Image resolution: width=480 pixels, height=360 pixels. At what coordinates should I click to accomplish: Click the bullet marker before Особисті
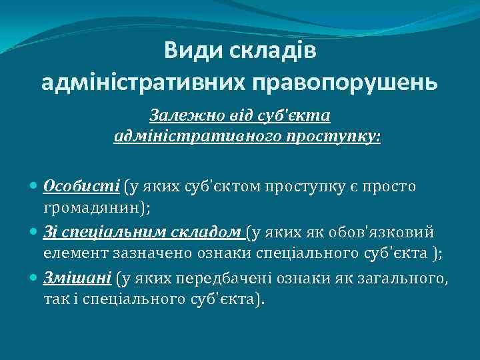[34, 185]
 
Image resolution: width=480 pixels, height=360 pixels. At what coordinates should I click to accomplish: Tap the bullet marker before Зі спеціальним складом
[34, 232]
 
